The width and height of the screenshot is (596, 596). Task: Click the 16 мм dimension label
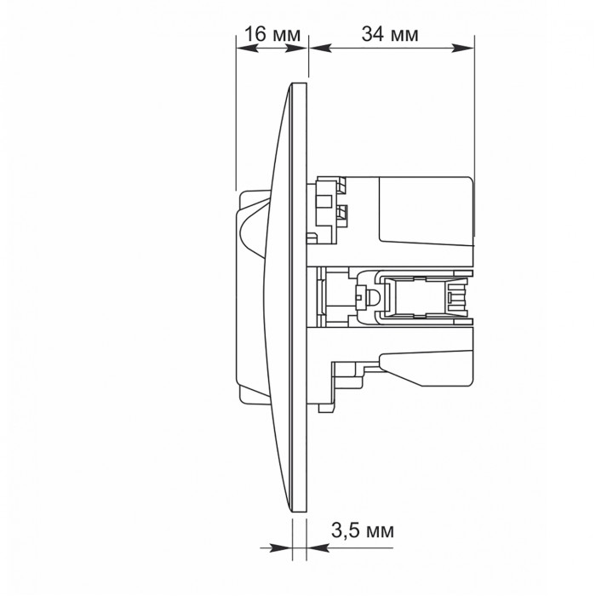pyautogui.click(x=272, y=34)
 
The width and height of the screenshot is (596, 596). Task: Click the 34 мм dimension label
pyautogui.click(x=390, y=34)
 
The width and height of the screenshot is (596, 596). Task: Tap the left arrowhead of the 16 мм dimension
pyautogui.click(x=248, y=48)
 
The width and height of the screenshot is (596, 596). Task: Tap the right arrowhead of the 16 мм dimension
pyautogui.click(x=295, y=48)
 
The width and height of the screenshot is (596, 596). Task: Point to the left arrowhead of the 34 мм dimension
pyautogui.click(x=321, y=48)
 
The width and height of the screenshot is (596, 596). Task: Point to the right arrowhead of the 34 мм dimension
pyautogui.click(x=463, y=48)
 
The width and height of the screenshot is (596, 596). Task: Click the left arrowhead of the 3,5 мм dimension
pyautogui.click(x=281, y=547)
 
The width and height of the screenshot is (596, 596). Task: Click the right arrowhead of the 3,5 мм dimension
pyautogui.click(x=318, y=547)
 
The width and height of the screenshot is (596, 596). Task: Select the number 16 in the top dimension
pyautogui.click(x=255, y=34)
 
